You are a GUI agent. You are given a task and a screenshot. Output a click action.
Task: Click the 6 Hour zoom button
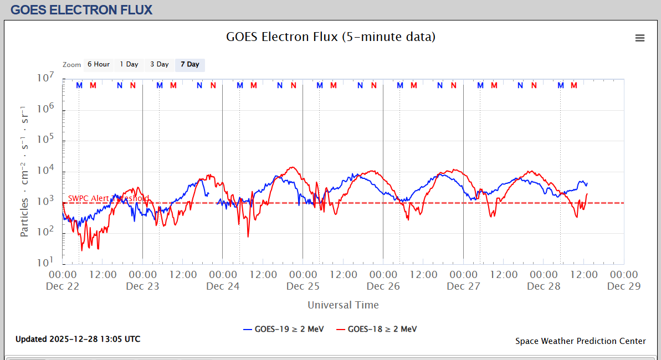coord(98,65)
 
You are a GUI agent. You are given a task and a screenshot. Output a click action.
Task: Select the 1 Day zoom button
coord(129,65)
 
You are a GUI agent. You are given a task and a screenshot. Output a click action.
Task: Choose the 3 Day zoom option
coord(160,65)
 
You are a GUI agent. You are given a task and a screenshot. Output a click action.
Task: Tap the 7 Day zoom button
coord(190,65)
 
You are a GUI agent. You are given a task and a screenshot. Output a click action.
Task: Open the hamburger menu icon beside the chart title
coord(640,38)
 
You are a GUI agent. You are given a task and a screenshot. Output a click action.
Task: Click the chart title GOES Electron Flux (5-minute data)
coord(331,37)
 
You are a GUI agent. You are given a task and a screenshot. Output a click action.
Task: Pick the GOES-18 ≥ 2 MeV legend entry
coord(376,329)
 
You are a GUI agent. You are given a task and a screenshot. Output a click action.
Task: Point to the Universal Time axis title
coord(343,305)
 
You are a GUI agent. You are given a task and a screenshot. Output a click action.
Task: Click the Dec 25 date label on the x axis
coord(303,286)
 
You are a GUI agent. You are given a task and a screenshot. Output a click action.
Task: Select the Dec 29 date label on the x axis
coord(624,286)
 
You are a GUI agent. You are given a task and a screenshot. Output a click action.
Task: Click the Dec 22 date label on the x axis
coord(63,286)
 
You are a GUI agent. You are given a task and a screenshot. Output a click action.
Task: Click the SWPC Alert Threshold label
coord(109,198)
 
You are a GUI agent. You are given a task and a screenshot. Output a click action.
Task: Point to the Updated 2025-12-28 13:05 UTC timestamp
coord(78,339)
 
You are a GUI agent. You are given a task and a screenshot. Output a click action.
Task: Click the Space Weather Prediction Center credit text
coord(580,341)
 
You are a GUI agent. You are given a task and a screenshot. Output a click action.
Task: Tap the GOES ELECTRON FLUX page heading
coord(81,9)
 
